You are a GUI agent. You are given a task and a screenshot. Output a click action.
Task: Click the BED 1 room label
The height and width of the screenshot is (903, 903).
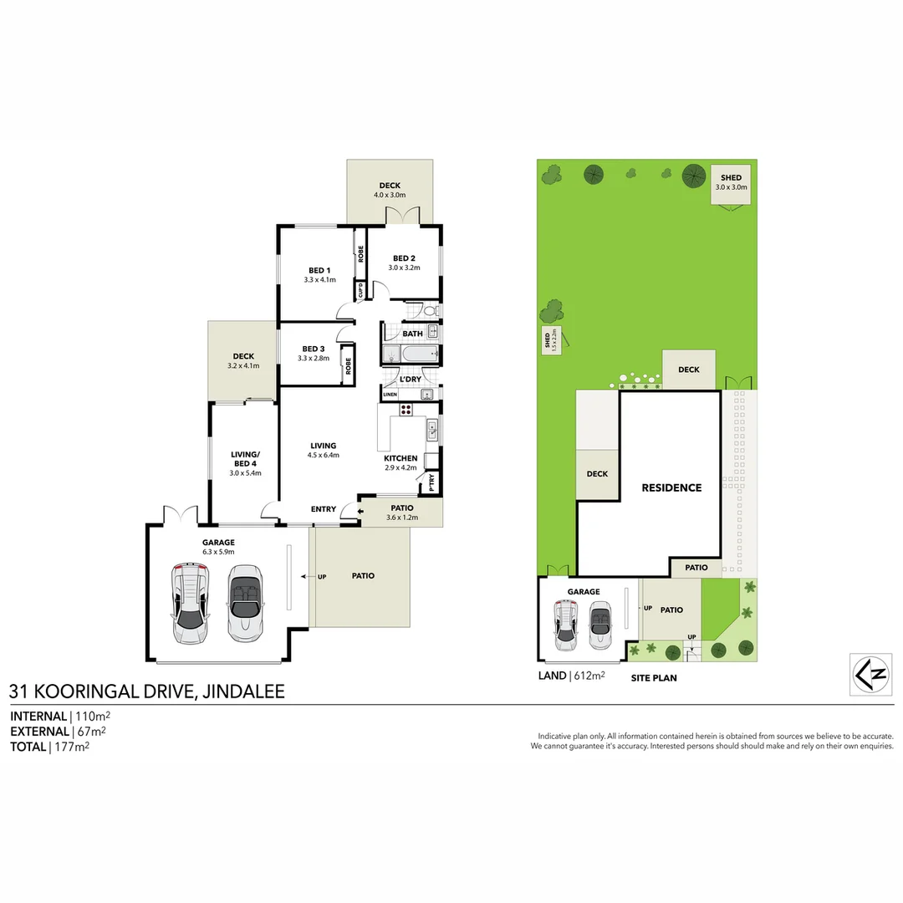pyautogui.click(x=319, y=270)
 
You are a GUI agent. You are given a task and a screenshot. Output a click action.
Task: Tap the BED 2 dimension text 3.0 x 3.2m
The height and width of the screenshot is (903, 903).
pyautogui.click(x=404, y=268)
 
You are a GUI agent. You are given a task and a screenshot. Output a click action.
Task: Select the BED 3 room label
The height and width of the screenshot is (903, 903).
pyautogui.click(x=313, y=349)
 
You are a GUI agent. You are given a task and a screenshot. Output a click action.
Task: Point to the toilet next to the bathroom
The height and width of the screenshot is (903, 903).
pyautogui.click(x=431, y=310)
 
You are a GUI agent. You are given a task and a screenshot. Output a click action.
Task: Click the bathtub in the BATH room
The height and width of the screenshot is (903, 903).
pyautogui.click(x=411, y=355)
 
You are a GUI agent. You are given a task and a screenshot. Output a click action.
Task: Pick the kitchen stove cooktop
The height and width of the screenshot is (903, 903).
pyautogui.click(x=406, y=410)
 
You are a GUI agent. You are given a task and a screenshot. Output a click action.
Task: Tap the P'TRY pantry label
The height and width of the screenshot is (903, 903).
pyautogui.click(x=432, y=482)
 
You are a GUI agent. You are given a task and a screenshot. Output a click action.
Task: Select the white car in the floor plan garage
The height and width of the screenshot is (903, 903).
pyautogui.click(x=191, y=602)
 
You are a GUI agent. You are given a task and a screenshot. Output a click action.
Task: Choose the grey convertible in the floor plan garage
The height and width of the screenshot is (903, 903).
pyautogui.click(x=244, y=602)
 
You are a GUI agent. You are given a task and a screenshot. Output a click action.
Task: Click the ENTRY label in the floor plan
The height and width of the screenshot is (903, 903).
pyautogui.click(x=324, y=509)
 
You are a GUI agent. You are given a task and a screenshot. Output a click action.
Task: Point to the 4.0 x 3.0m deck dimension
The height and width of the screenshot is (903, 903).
pyautogui.click(x=390, y=195)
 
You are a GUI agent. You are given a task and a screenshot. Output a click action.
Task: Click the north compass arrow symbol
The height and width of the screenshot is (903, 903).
pyautogui.click(x=870, y=674)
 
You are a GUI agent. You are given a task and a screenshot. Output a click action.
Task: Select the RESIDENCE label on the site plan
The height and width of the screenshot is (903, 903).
pyautogui.click(x=671, y=487)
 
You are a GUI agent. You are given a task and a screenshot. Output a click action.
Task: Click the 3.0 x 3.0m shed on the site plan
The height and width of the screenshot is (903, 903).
pyautogui.click(x=731, y=184)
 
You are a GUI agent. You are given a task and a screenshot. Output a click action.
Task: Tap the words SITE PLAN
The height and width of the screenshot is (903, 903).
pyautogui.click(x=654, y=678)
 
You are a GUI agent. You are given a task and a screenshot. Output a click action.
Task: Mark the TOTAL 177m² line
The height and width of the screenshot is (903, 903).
pyautogui.click(x=49, y=747)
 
